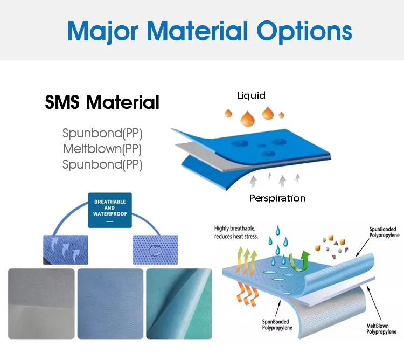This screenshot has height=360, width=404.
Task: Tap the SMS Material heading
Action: click(x=102, y=102)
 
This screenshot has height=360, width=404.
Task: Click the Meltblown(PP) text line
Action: click(x=102, y=149)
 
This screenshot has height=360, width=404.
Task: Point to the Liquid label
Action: click(x=252, y=95)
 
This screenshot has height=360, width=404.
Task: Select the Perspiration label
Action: click(x=277, y=198)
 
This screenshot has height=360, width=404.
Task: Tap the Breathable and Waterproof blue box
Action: click(x=110, y=210)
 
